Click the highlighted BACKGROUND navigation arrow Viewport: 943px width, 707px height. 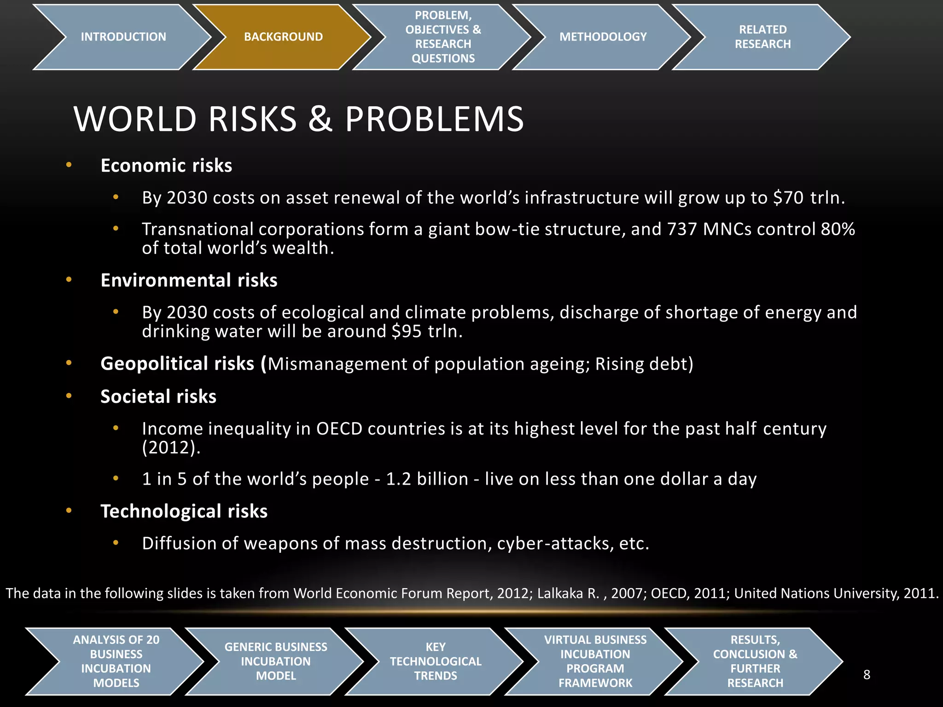pyautogui.click(x=283, y=37)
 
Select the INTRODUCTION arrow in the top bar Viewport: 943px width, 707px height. pyautogui.click(x=123, y=37)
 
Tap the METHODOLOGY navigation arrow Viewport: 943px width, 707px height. pyautogui.click(x=603, y=37)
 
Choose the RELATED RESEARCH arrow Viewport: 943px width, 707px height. pyautogui.click(x=763, y=37)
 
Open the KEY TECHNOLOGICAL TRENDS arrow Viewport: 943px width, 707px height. pyautogui.click(x=435, y=661)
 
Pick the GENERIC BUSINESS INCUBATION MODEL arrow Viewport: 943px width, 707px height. pyautogui.click(x=276, y=661)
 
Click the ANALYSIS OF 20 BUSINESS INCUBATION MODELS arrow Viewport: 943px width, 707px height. pyautogui.click(x=116, y=661)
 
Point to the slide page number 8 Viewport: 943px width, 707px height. pyautogui.click(x=867, y=675)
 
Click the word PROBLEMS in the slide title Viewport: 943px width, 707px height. pyautogui.click(x=434, y=119)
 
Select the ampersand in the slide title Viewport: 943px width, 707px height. pyautogui.click(x=320, y=119)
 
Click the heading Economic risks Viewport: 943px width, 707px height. pyautogui.click(x=166, y=166)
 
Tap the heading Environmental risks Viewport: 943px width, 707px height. pyautogui.click(x=189, y=280)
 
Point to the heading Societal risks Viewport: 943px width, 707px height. pyautogui.click(x=158, y=397)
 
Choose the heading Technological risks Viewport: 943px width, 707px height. pyautogui.click(x=184, y=511)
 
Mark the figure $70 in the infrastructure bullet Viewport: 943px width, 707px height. pyautogui.click(x=788, y=198)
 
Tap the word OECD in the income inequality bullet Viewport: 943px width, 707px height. pyautogui.click(x=339, y=429)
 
